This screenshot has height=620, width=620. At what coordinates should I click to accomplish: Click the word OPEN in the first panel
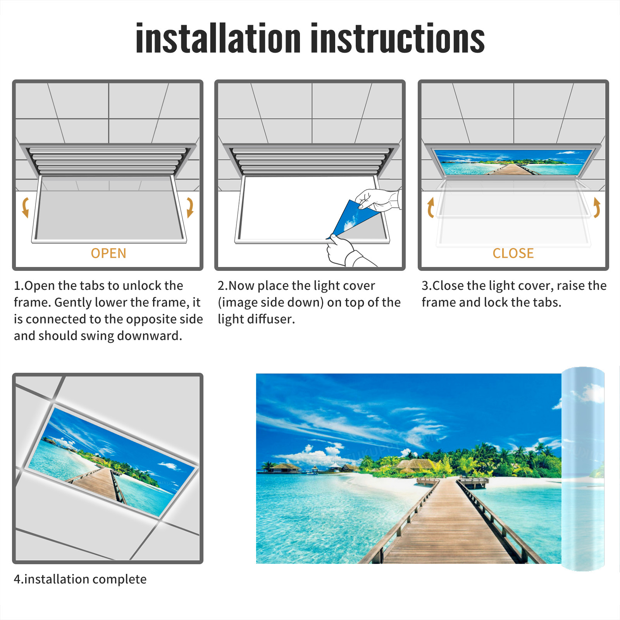click(x=108, y=253)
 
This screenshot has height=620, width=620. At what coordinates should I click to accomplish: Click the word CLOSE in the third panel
click(x=513, y=253)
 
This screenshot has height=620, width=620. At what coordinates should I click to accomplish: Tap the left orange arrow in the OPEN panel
click(x=26, y=207)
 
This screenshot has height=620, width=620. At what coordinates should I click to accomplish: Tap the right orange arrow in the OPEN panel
click(x=190, y=207)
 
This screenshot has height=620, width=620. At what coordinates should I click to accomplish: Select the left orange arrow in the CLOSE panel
click(x=431, y=207)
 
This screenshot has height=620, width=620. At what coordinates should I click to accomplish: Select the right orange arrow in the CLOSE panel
click(x=597, y=207)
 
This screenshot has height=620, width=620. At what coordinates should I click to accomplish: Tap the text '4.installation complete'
click(x=80, y=579)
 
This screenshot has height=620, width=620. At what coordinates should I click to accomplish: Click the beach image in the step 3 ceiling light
click(x=513, y=162)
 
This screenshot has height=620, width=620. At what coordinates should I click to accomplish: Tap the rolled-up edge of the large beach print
click(x=583, y=469)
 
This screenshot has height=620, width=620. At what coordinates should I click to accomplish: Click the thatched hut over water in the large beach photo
click(x=285, y=467)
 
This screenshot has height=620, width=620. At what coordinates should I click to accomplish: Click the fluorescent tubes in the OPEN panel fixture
click(x=108, y=161)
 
